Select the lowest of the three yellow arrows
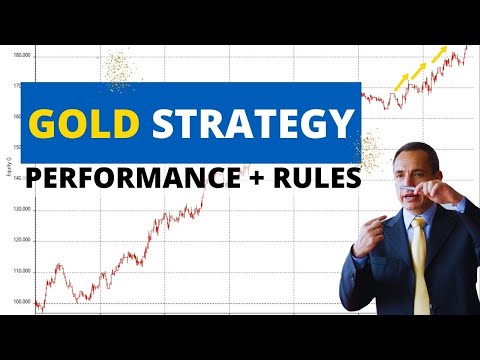point(400,82)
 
